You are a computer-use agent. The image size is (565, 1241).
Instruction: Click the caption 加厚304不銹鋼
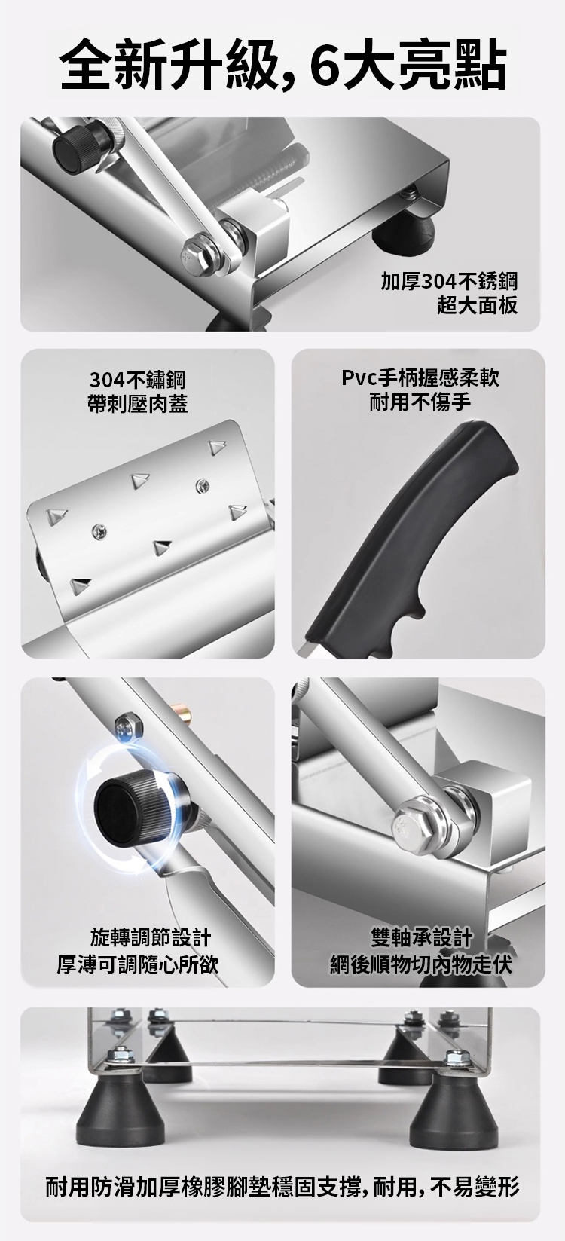pos(449,282)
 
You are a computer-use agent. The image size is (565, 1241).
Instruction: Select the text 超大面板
pos(478,305)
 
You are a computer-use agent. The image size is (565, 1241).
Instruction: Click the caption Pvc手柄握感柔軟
pos(420,377)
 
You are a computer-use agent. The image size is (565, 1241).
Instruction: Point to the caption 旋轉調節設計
pos(151,938)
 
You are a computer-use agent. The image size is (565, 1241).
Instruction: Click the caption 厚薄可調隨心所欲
pos(138,964)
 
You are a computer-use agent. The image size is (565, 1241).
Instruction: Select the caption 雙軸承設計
pos(422,937)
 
